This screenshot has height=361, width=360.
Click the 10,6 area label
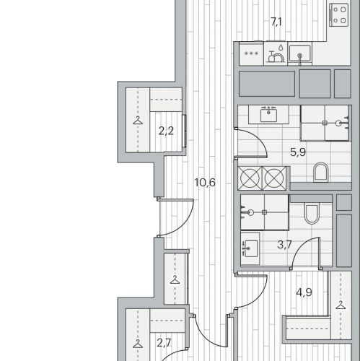[x=205, y=183]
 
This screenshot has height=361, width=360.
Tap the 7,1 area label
[x=276, y=22]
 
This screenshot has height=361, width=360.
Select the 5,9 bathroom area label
[x=298, y=152]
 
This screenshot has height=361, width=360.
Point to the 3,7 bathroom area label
[x=284, y=245]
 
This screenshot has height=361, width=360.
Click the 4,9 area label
[x=304, y=292]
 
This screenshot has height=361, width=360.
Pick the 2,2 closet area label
[x=166, y=131]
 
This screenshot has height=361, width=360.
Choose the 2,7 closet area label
[x=164, y=343]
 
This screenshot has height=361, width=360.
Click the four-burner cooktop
[x=339, y=15]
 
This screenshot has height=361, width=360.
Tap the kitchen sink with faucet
[x=299, y=53]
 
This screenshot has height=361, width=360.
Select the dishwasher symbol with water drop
[x=276, y=53]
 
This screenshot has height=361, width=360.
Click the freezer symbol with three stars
[x=251, y=53]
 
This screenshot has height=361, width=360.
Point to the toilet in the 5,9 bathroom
[x=321, y=173]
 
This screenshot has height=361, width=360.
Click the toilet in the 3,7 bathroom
[x=312, y=214]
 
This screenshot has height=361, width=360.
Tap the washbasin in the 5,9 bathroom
[x=268, y=115]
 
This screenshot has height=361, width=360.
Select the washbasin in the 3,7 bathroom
[x=250, y=248]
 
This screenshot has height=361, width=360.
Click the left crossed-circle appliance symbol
[x=250, y=178]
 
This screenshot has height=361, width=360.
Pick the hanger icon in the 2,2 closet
[x=138, y=120]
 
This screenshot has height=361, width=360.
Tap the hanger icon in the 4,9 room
[x=341, y=305]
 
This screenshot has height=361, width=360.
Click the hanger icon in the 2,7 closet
[x=138, y=344]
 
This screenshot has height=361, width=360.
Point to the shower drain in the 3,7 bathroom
[x=264, y=212]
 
